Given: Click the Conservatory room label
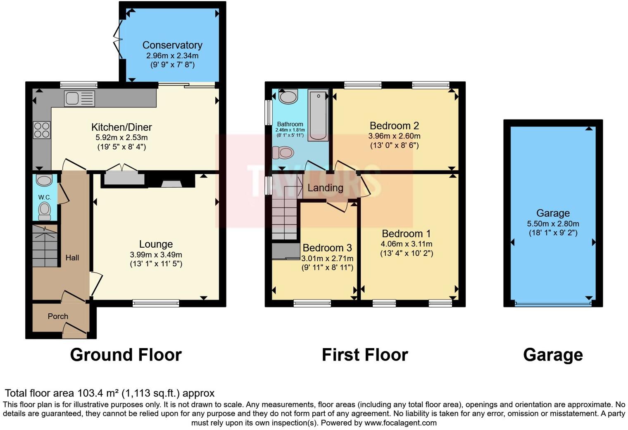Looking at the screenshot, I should [172, 45].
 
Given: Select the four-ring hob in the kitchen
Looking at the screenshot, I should [42, 130].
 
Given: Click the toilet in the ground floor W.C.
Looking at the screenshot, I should [44, 211].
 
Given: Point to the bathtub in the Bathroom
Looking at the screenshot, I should [319, 116].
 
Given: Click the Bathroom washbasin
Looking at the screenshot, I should [288, 97].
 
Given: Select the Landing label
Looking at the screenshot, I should [325, 188].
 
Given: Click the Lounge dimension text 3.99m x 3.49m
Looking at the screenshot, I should [156, 255].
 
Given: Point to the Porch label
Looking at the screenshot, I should [58, 316].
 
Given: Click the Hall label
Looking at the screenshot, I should [72, 258].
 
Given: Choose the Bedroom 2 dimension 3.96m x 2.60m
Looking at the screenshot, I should [394, 136].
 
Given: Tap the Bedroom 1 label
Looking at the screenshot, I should [406, 234].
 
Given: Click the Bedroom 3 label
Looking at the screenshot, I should [327, 248].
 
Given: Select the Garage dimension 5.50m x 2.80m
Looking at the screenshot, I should [553, 224].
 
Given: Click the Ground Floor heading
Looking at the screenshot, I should [126, 355].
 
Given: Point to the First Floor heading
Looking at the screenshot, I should [365, 355].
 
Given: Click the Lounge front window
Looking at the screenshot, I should [156, 303].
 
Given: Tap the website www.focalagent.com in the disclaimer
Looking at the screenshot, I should [400, 423].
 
